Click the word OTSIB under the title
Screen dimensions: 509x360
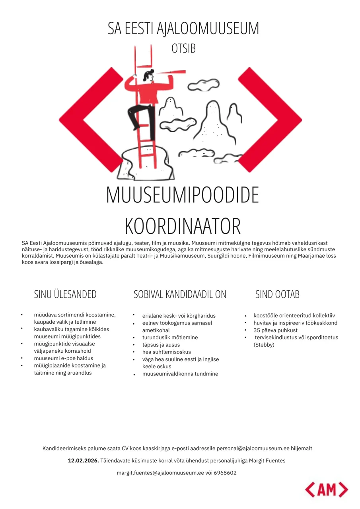coord(183,49)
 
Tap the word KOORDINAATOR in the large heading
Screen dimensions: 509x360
coord(183,226)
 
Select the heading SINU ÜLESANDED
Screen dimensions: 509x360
coord(65,294)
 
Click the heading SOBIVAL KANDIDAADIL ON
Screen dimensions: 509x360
coord(180,294)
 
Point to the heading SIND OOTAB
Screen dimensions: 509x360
coord(277,294)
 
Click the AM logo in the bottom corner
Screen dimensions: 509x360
coord(327,490)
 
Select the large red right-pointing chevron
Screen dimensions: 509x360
coord(270,120)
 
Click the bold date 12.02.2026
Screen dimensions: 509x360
coord(83,460)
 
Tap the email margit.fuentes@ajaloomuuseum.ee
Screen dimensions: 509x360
coord(160,473)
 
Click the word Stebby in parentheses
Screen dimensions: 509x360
coord(264,345)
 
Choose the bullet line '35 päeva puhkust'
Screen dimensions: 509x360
coord(275,330)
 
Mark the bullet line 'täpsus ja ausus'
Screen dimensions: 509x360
coord(161,345)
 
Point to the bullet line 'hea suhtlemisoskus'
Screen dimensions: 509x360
coord(167,352)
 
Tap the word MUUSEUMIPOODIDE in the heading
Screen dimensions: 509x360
coord(183,196)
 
